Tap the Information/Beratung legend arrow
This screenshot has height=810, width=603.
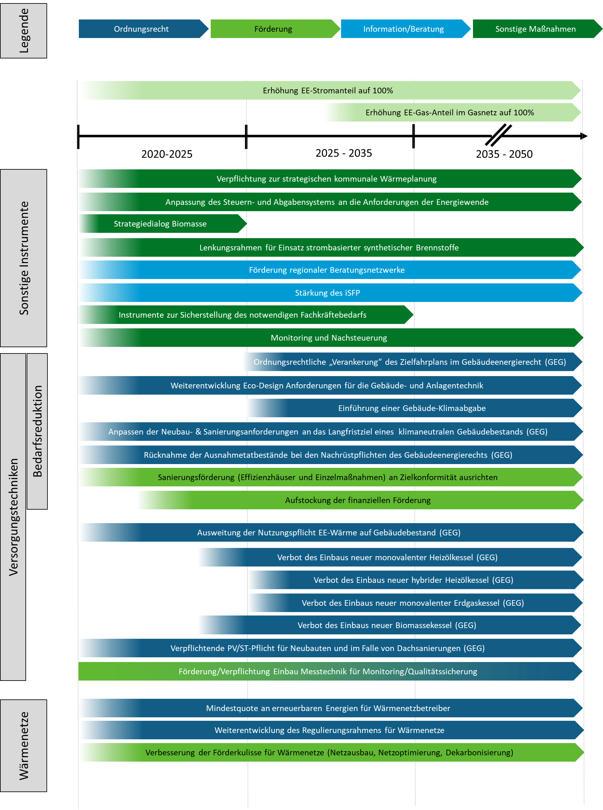coord(405,29)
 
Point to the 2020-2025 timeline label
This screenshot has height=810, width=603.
coord(167,154)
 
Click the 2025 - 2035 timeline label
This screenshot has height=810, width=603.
coord(344,153)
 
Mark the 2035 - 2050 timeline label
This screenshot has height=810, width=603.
coord(504,154)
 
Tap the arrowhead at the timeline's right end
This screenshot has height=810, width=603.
coord(584,136)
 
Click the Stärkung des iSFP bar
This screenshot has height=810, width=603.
coord(330,293)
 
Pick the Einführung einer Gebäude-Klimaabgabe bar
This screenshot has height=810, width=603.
coord(415,408)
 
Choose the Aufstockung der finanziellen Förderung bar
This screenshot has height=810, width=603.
coord(360,500)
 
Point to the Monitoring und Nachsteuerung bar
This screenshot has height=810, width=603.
coord(331,337)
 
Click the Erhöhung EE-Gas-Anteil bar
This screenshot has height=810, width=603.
coord(453,112)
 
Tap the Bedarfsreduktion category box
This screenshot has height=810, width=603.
coord(37,431)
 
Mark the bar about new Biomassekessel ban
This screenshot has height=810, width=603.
coord(390,625)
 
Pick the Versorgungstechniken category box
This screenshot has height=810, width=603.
coord(13,517)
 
